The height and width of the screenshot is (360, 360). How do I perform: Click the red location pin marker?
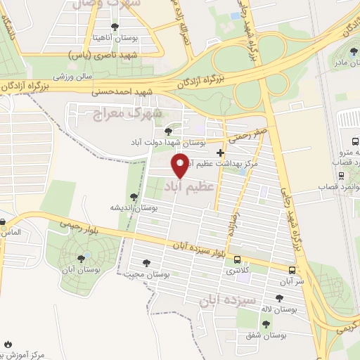coord(181,165)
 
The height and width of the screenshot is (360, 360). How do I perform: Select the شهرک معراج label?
coord(127,112)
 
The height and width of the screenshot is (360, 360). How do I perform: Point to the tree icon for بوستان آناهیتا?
coord(115,27)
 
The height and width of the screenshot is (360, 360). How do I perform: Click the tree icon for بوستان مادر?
coord(354,51)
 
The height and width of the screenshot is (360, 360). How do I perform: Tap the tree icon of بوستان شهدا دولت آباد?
coord(167,131)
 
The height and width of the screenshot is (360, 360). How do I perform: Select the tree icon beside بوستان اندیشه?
coord(134,197)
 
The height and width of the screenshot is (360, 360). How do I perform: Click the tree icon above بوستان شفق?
coord(266,323)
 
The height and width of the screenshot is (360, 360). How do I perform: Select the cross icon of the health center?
coord(221,153)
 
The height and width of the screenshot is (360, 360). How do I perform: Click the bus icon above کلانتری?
coord(236,259)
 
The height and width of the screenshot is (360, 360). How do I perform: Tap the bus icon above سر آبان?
coord(292,269)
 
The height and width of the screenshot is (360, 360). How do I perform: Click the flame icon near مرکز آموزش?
coord(8,345)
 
